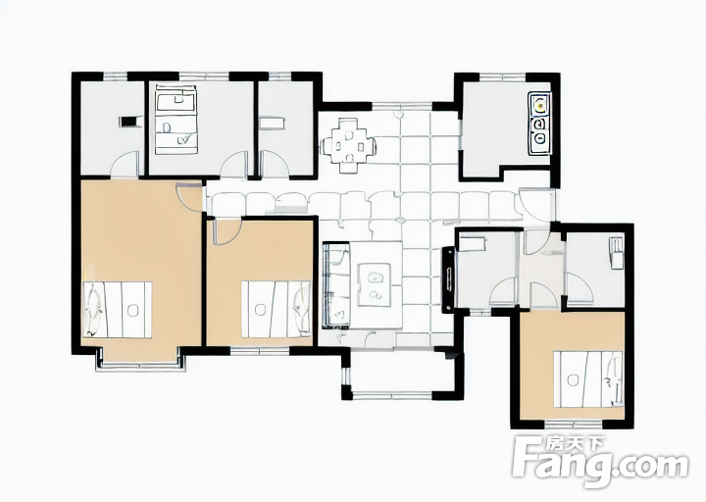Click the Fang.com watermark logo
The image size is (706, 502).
[601, 463]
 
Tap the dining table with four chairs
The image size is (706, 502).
[348, 145]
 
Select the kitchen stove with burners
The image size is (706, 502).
[540, 124]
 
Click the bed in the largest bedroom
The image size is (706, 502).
[117, 310]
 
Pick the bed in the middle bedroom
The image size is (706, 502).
[276, 309]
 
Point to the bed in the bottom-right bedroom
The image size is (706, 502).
[588, 379]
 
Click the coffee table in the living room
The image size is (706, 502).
[374, 285]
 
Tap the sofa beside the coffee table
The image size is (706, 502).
[336, 285]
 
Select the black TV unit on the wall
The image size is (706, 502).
[448, 279]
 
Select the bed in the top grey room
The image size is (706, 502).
[176, 120]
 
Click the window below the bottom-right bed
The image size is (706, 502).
[574, 424]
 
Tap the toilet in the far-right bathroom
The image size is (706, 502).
[617, 253]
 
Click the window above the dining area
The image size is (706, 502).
[402, 106]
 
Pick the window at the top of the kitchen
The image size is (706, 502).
[502, 77]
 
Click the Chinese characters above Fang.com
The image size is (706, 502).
[576, 444]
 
